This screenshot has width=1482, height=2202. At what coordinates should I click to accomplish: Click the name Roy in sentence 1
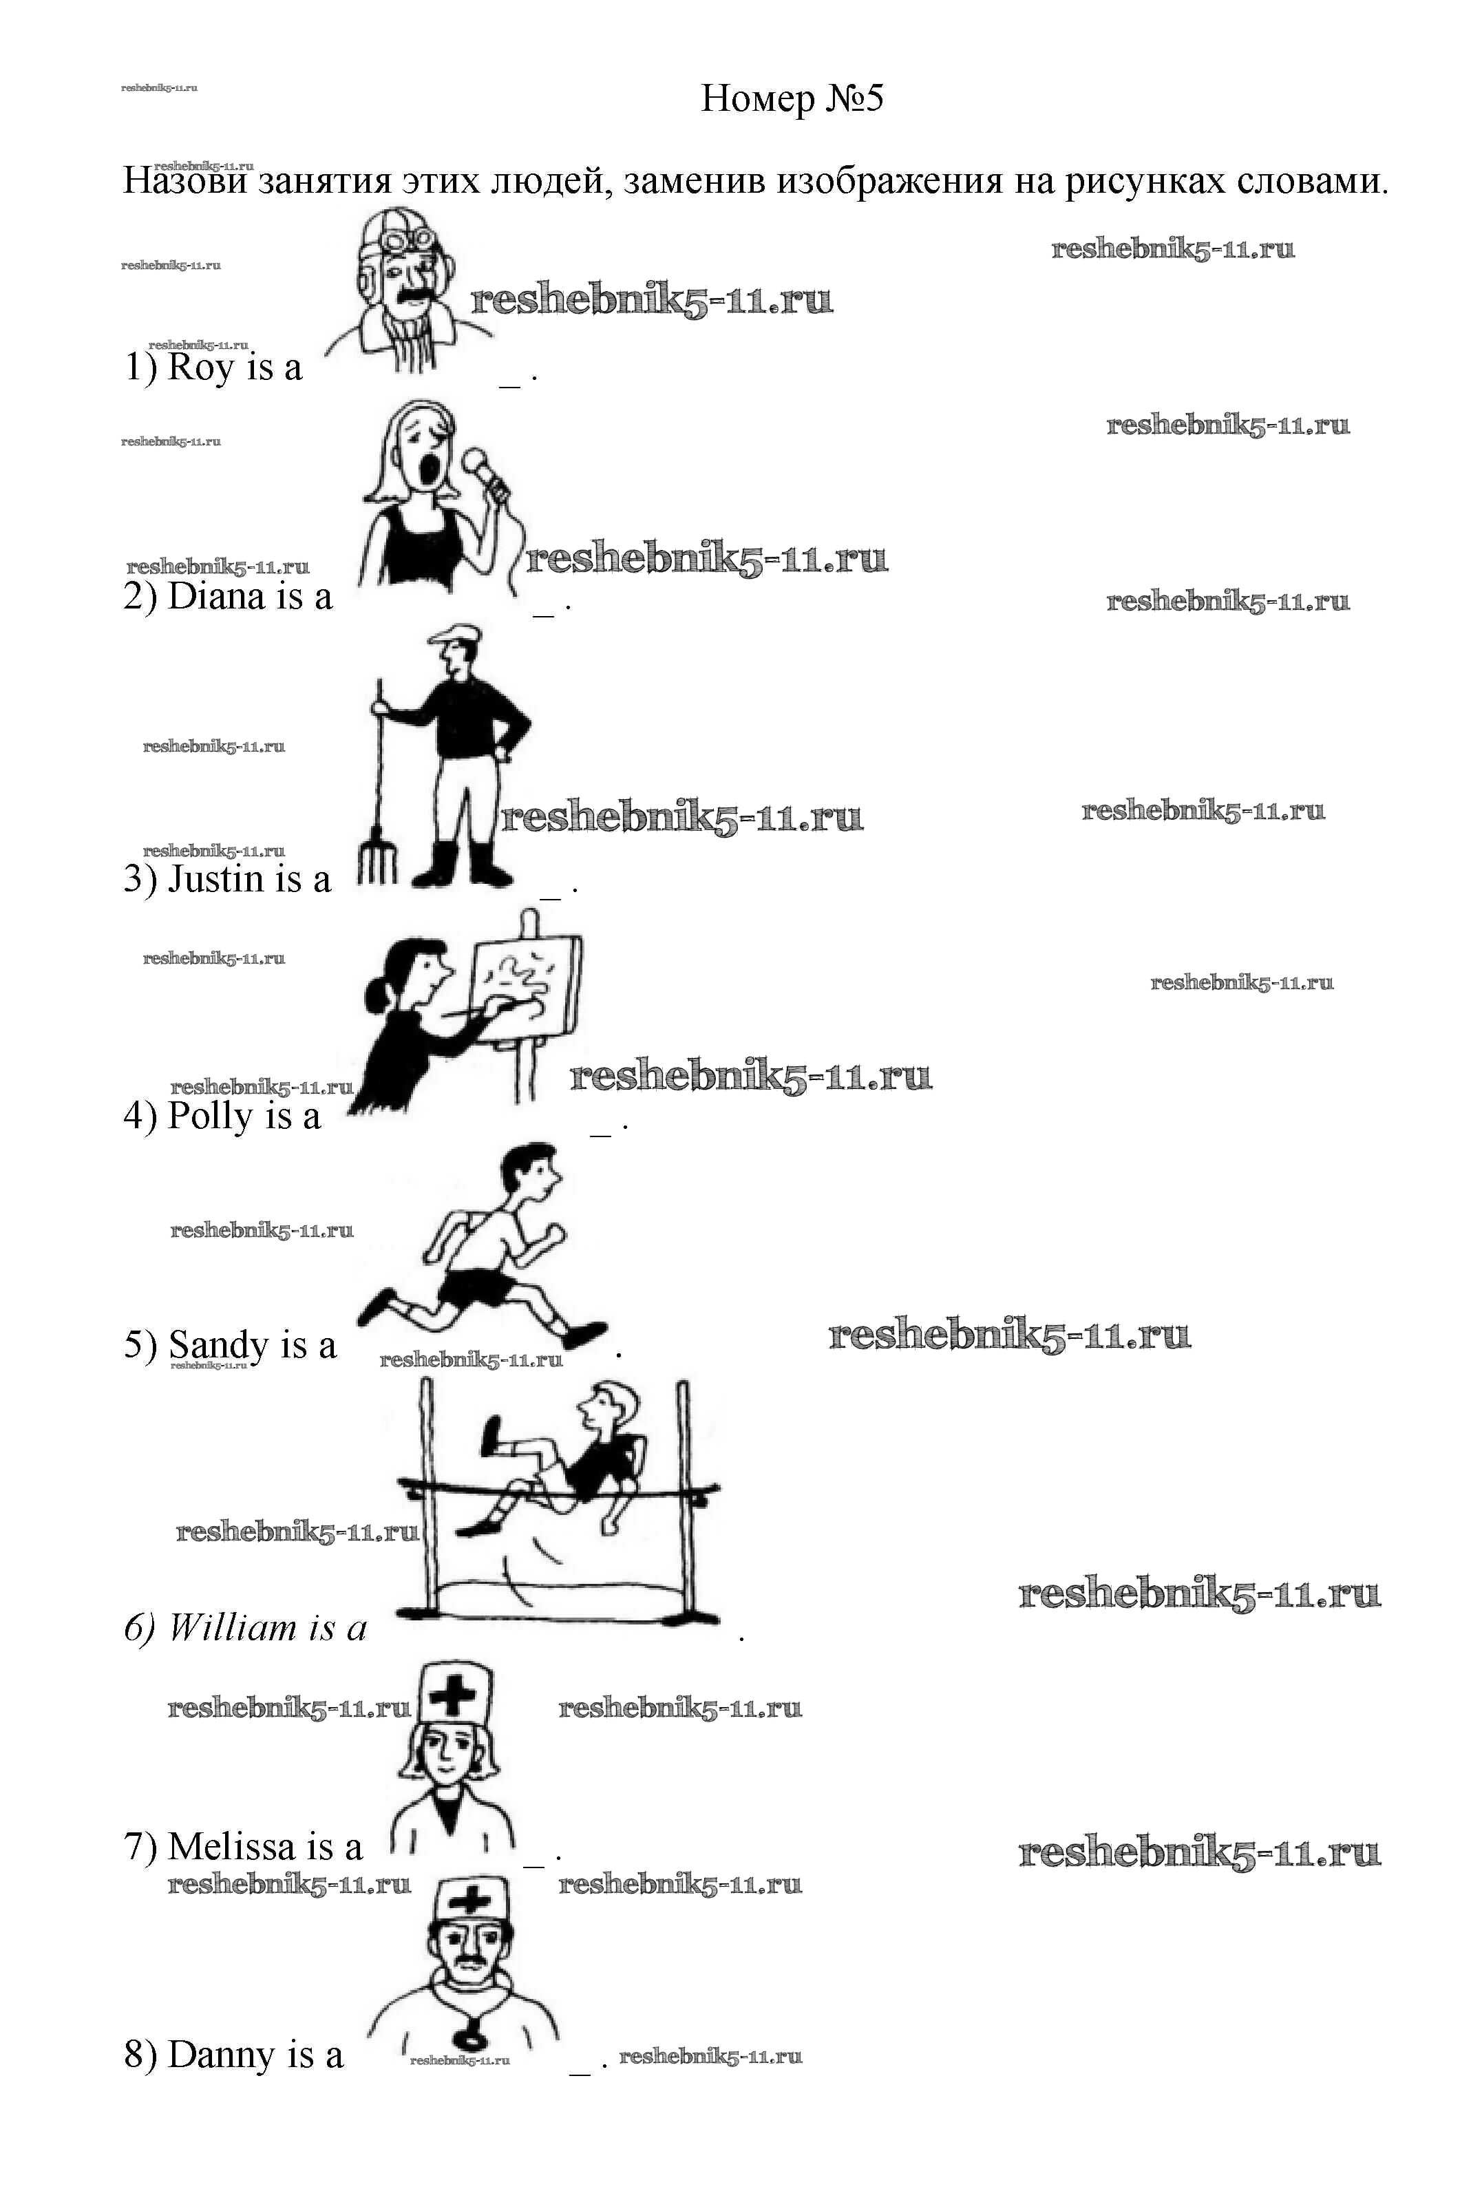201,367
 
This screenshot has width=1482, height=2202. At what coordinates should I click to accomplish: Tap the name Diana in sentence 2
216,596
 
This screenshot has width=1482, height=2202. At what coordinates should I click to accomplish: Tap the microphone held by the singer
486,472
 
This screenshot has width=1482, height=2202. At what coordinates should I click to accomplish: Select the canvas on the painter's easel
525,984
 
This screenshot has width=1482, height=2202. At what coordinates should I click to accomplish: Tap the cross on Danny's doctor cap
469,1901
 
